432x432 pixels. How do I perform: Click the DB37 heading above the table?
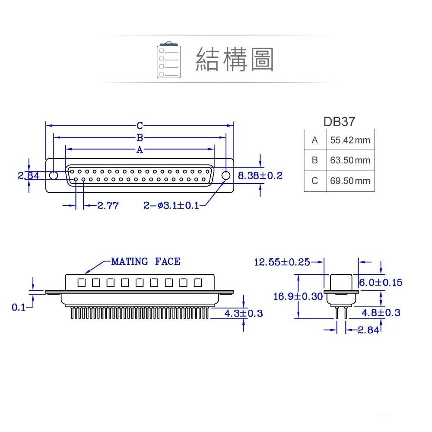(339, 121)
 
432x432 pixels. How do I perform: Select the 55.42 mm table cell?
(350, 140)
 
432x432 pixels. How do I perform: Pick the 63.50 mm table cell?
(350, 160)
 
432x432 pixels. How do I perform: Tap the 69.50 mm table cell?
(350, 181)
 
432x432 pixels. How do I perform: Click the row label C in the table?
(314, 181)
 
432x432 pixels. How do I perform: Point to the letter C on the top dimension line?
(140, 126)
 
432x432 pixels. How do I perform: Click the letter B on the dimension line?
(140, 138)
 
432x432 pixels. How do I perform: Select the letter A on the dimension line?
(140, 150)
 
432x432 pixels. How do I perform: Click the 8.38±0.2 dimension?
(260, 175)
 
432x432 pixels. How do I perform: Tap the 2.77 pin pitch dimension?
(107, 206)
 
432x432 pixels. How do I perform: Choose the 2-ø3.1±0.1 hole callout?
(172, 206)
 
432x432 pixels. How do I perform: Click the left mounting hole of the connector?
(54, 175)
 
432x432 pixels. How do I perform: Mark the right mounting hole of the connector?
(226, 175)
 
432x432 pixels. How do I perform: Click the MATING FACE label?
(146, 261)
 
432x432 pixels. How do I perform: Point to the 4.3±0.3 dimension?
(244, 313)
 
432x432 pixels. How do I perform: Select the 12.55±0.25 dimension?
(282, 262)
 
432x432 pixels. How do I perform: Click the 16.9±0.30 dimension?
(298, 296)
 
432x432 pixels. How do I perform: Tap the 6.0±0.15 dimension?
(381, 283)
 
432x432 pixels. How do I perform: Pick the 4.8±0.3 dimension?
(381, 313)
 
